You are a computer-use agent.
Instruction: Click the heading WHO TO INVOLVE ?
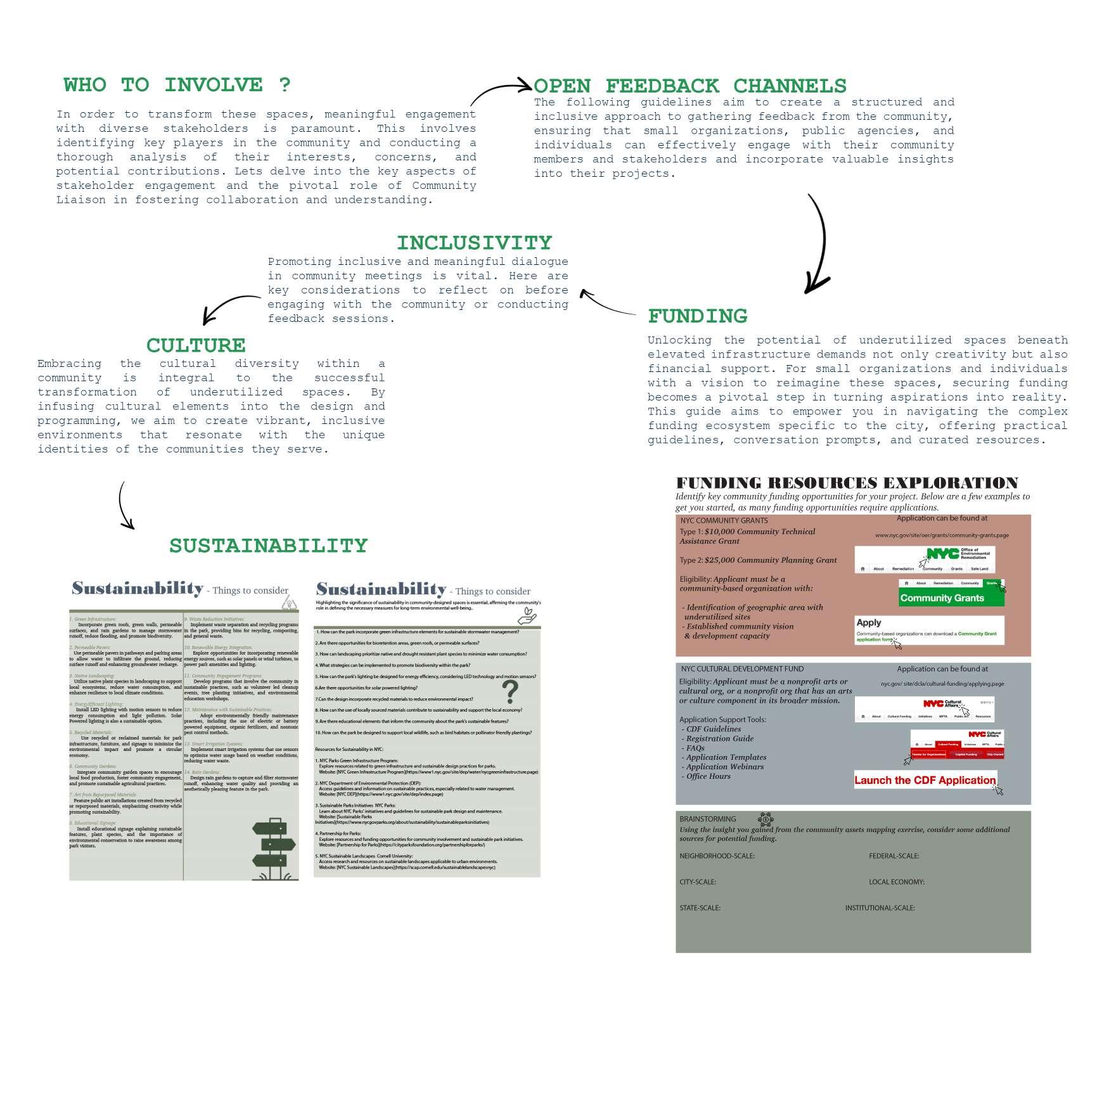tap(177, 85)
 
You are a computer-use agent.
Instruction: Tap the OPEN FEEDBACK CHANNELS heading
tap(689, 86)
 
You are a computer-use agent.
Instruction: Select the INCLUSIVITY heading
tap(474, 243)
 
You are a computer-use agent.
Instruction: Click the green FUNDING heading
tap(697, 316)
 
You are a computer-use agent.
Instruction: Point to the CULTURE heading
tap(196, 345)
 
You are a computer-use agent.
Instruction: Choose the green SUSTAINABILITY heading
tap(268, 546)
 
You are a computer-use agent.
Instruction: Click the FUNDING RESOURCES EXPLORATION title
tap(847, 483)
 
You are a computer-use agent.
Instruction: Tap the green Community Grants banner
tap(951, 598)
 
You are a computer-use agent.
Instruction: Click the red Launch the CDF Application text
tap(925, 780)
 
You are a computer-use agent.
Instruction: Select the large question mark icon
tap(510, 691)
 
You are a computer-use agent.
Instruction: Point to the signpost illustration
tap(274, 848)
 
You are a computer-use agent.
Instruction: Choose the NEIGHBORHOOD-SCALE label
tap(717, 856)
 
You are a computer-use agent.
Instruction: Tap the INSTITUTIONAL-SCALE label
tap(880, 908)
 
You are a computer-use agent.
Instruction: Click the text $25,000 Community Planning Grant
tap(770, 560)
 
